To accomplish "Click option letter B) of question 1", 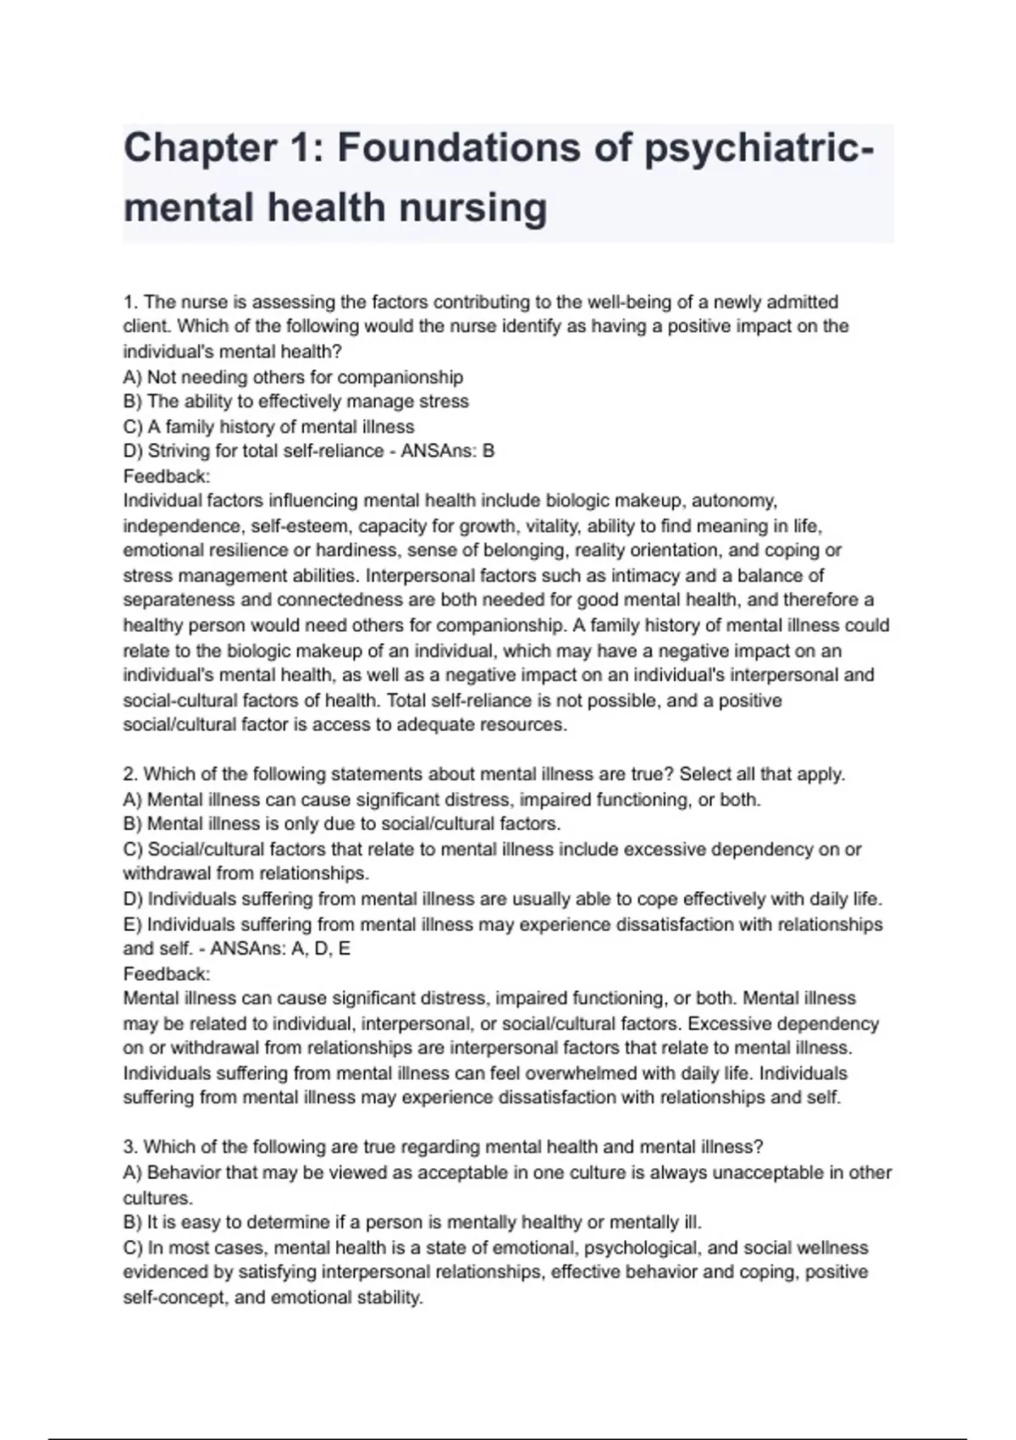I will click(133, 402).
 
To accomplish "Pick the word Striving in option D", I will click(181, 451).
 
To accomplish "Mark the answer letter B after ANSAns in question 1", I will click(488, 451).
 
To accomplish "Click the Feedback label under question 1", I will click(166, 476).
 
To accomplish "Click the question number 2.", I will click(130, 774).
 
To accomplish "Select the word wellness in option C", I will click(833, 1248).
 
